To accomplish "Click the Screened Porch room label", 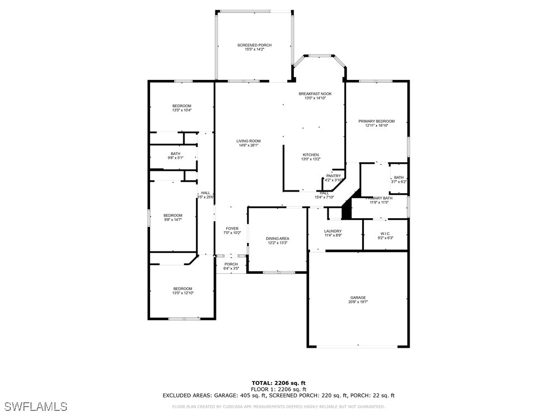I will pos(254,45).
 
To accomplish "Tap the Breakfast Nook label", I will pos(315,94).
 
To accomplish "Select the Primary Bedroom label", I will pos(376,121).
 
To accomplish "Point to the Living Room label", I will pos(248,141).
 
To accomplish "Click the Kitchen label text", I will pos(311,155).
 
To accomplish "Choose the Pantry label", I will pos(333,176).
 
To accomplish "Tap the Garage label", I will pos(358,298).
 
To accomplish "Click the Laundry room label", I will pos(333,231).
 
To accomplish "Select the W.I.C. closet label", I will pos(385,233).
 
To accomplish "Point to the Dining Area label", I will pos(277,238).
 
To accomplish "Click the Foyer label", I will pos(232,229).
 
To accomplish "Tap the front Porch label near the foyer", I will pos(231,265).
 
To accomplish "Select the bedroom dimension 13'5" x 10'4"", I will pos(182,110).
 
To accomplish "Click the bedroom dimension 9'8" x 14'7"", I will pos(173,220).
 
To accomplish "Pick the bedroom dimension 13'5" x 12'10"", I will pos(183,293).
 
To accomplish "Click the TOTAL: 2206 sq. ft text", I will pos(278,383).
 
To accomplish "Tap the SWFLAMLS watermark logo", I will pos(36,407).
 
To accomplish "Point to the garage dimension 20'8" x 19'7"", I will pos(358,302).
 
